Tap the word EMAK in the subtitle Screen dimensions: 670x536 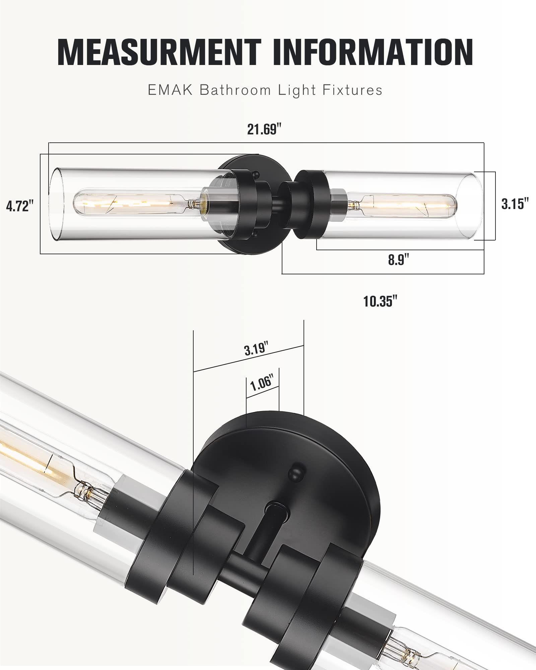point(170,90)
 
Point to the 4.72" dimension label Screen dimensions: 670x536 point(20,206)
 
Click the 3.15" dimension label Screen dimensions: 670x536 point(515,204)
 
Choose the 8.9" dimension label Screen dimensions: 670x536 point(399,260)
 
